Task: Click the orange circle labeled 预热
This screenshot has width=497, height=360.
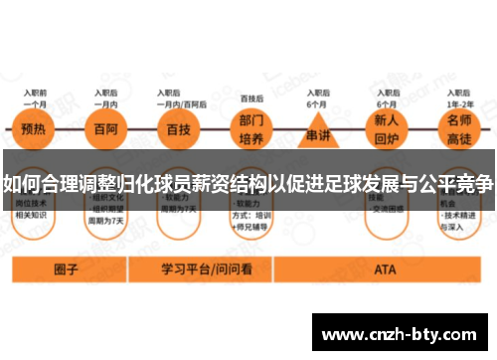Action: tap(34, 129)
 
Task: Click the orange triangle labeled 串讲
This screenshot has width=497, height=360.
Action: tap(317, 131)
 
